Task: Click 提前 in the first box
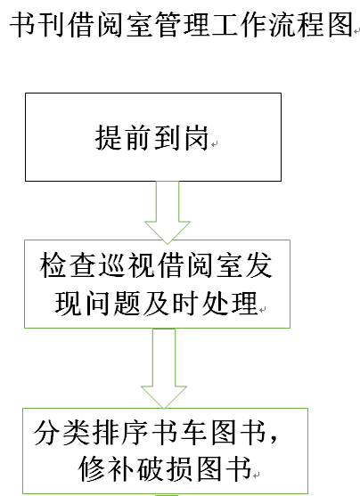click(123, 138)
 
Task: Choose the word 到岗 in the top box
click(181, 138)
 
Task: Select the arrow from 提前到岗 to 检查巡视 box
click(168, 212)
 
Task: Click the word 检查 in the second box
click(67, 265)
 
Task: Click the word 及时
click(171, 303)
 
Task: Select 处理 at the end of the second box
click(230, 303)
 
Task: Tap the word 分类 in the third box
click(61, 433)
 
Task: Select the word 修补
click(106, 468)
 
